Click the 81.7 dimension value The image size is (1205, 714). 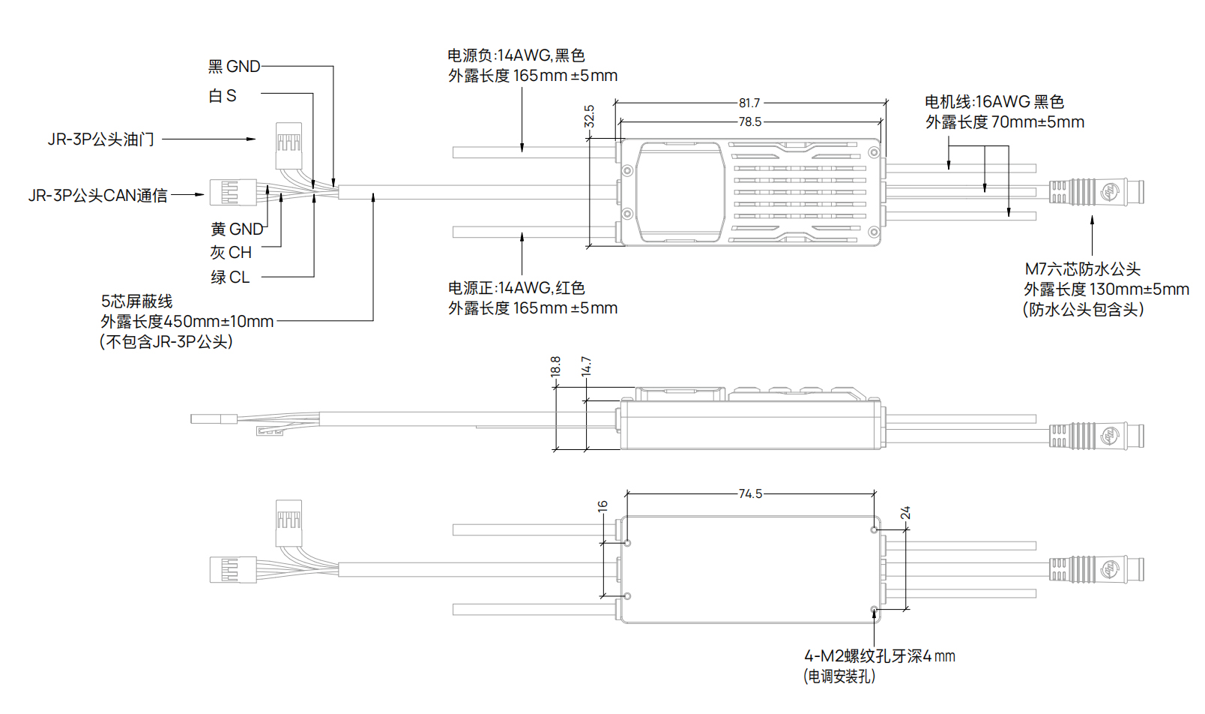click(x=749, y=103)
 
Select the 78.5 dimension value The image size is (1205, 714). click(x=749, y=121)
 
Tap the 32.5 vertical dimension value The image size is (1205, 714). click(x=589, y=116)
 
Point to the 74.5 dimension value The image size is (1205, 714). click(x=750, y=493)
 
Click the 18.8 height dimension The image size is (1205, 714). click(x=555, y=367)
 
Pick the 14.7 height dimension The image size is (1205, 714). click(x=586, y=367)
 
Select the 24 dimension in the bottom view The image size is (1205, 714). click(x=905, y=513)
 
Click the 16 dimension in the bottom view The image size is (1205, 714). click(x=602, y=506)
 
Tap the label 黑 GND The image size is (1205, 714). click(x=234, y=67)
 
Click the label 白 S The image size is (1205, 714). click(x=223, y=96)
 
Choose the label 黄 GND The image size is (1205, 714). click(x=237, y=229)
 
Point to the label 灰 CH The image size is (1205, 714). click(x=231, y=253)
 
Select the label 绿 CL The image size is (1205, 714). click(x=230, y=277)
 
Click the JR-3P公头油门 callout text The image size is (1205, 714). click(x=101, y=139)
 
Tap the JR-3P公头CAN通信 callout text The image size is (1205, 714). click(x=98, y=196)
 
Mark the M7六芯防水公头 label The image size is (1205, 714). click(x=1082, y=268)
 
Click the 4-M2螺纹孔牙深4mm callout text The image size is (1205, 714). click(x=879, y=656)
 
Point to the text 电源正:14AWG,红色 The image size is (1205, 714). click(x=516, y=288)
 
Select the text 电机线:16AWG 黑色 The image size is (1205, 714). click(x=994, y=102)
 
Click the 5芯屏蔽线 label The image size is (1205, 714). click(x=137, y=301)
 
